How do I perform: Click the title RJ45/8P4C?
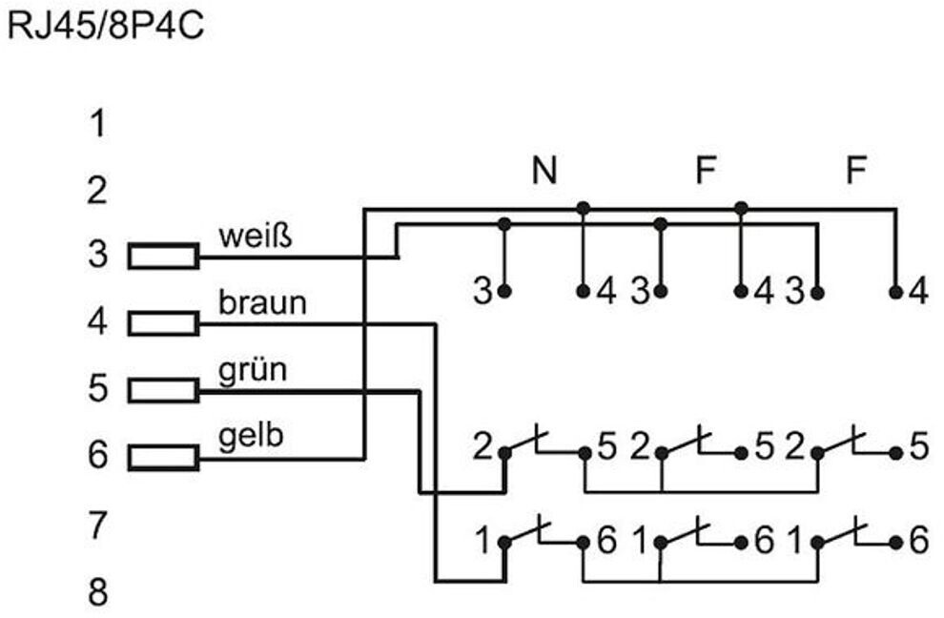point(105,25)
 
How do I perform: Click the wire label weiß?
point(254,236)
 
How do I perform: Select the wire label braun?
point(262,302)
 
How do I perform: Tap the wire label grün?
point(252,369)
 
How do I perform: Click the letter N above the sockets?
point(544,171)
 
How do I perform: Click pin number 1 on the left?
point(96,124)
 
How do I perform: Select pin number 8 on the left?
point(97,592)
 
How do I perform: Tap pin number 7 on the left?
point(97,525)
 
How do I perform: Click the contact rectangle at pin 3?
point(164,257)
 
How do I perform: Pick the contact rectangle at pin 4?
point(164,323)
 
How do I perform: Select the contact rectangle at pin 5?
point(164,390)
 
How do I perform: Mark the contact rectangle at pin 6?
point(164,457)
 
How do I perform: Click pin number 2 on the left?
point(96,191)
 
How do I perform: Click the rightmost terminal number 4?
point(917,291)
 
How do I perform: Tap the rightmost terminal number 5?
point(917,447)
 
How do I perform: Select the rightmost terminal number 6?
point(917,541)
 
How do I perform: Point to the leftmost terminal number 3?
point(483,291)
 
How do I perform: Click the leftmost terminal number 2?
point(483,447)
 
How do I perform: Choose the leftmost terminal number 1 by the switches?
point(484,541)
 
